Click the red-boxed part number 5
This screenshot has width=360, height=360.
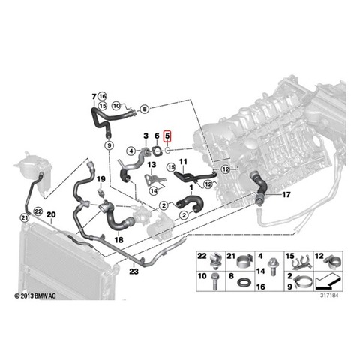click(x=167, y=136)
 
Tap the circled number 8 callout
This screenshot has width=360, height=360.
click(x=145, y=109)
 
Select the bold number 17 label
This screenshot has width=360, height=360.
click(x=286, y=194)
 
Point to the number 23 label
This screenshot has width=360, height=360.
click(x=133, y=271)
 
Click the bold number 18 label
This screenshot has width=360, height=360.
click(x=118, y=240)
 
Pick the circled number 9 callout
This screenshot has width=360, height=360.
click(x=109, y=145)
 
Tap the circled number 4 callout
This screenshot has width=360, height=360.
click(x=131, y=151)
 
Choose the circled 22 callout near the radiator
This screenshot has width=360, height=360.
click(x=38, y=211)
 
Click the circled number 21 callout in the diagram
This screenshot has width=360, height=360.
click(x=25, y=218)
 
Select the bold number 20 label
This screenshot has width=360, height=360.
click(x=51, y=214)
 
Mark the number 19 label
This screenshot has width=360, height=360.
click(x=101, y=179)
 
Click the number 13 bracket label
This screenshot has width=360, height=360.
click(x=151, y=165)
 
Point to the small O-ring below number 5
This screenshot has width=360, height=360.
click(x=168, y=151)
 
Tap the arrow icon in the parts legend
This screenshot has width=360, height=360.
click(x=328, y=280)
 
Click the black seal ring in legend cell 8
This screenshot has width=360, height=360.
click(x=243, y=282)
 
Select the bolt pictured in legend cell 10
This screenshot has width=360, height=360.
click(x=214, y=281)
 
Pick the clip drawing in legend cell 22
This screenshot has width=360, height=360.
click(x=215, y=260)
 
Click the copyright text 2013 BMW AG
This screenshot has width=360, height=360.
click(x=35, y=296)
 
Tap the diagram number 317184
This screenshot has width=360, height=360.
click(x=329, y=295)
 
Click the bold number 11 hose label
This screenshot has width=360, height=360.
click(x=183, y=162)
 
